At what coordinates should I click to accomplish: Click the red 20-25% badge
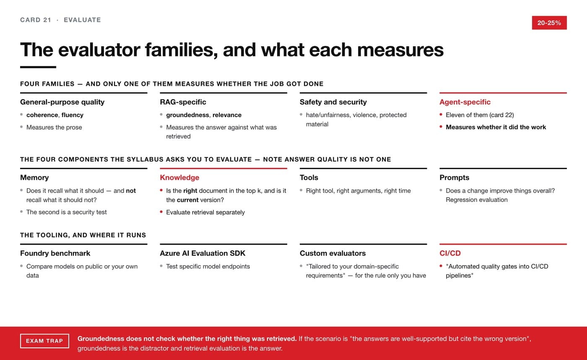click(x=549, y=23)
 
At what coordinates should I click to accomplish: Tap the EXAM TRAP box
click(x=44, y=341)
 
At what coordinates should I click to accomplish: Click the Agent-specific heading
click(x=465, y=102)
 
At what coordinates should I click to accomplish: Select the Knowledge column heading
click(x=179, y=177)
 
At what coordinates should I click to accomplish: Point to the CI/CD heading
click(x=450, y=253)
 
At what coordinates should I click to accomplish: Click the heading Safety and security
click(x=333, y=102)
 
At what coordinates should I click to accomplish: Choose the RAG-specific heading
click(x=183, y=102)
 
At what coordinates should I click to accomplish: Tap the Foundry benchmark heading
click(x=55, y=253)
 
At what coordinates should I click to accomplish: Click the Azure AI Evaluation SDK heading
click(x=203, y=253)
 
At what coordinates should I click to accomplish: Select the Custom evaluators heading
click(x=332, y=253)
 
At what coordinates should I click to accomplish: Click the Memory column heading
click(x=34, y=177)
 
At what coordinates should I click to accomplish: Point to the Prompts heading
click(x=454, y=177)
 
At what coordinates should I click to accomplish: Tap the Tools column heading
click(x=309, y=177)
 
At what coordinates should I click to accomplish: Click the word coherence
click(x=42, y=115)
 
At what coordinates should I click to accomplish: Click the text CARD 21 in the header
click(x=36, y=20)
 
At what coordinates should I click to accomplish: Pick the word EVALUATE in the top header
click(x=82, y=20)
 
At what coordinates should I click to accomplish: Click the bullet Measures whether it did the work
click(x=496, y=127)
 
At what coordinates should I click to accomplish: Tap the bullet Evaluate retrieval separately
click(x=205, y=212)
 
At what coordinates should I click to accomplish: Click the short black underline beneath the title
click(x=38, y=67)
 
